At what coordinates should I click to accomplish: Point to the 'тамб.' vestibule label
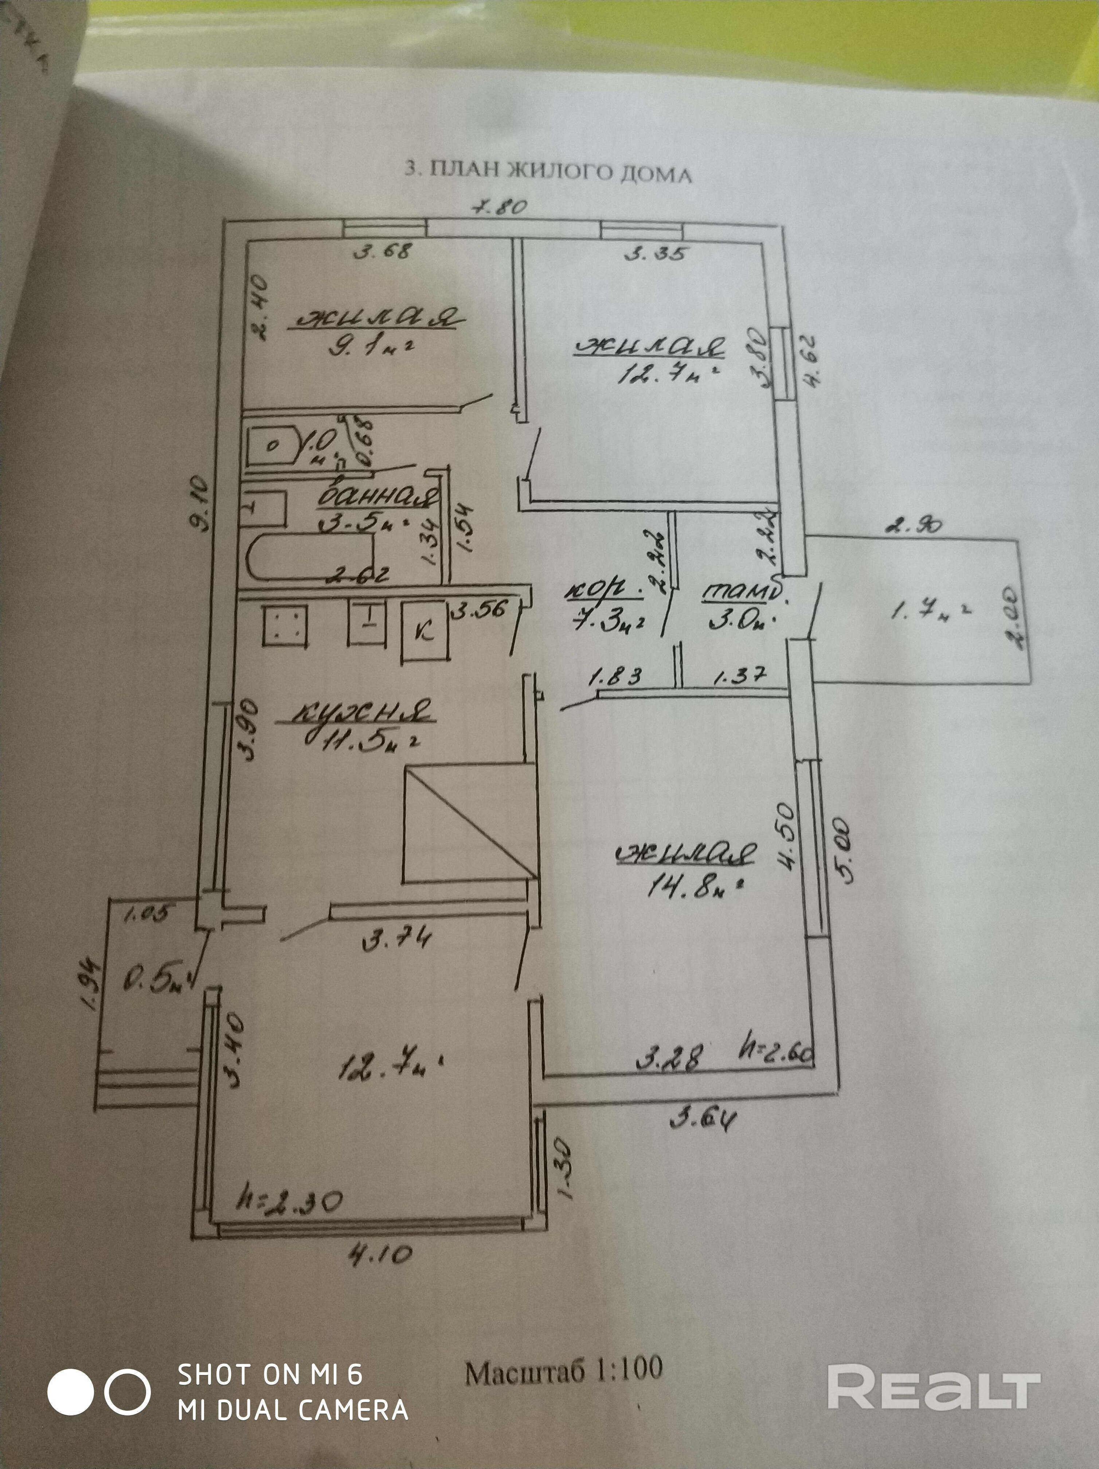pos(739,592)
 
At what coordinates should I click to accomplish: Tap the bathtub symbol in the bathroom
pos(309,556)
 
